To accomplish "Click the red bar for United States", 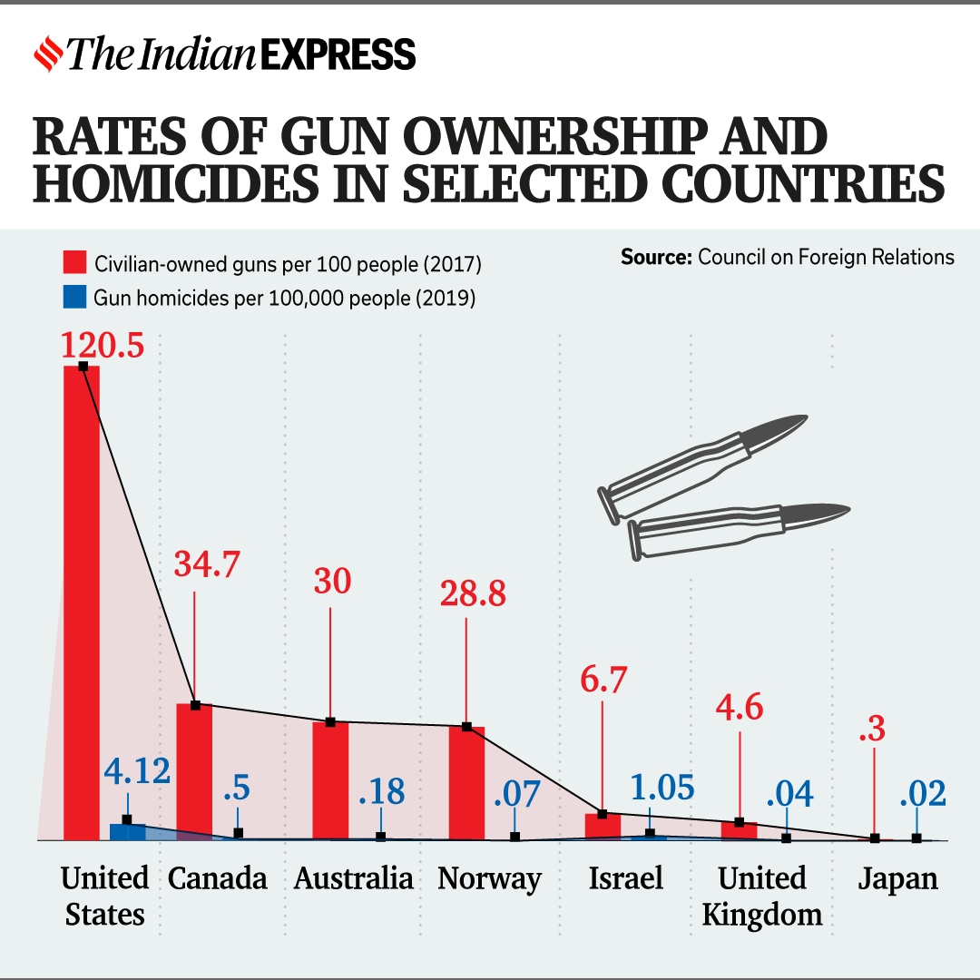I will coord(82,599).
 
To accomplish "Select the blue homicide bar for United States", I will coord(127,831).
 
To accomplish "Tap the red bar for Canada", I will coord(194,771).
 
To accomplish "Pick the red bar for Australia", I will coord(330,780).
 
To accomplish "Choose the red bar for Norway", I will coord(466,782).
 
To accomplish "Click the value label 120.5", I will coord(103,346).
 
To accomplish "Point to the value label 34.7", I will coord(206,564).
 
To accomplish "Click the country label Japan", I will coord(898,878).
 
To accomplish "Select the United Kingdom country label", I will coord(762,896).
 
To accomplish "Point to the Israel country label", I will coord(626,878).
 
